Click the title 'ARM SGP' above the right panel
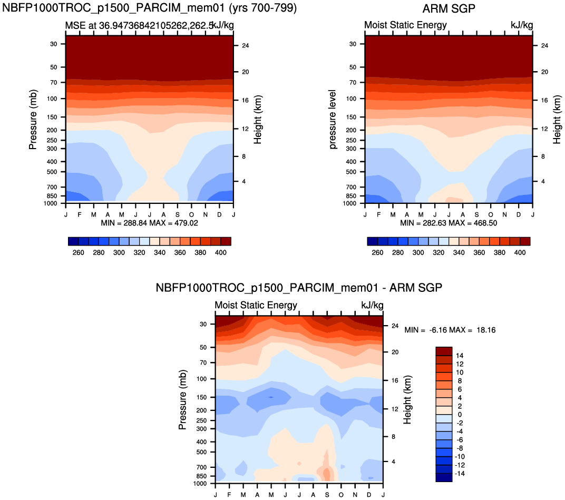click(449, 9)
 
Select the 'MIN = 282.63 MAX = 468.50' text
click(449, 223)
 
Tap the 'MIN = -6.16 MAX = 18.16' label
click(450, 330)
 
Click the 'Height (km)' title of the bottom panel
click(407, 403)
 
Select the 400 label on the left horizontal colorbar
click(221, 253)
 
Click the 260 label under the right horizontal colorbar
click(377, 253)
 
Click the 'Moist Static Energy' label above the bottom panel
click(256, 306)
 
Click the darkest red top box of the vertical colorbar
click(444, 351)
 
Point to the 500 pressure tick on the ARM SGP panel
click(354, 172)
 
